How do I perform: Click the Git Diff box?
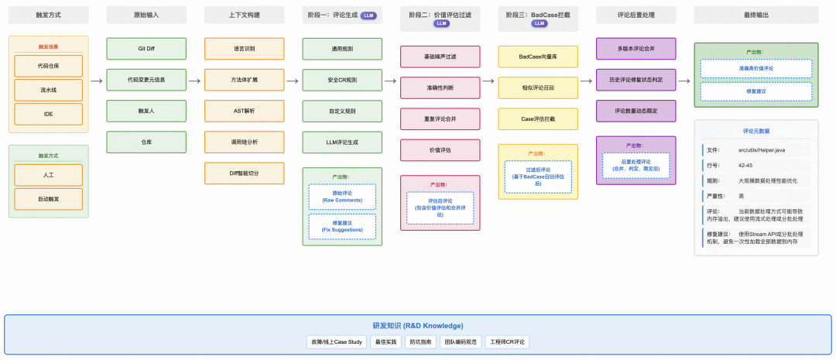tap(146, 48)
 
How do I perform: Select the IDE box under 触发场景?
tap(48, 114)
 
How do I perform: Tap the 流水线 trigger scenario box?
tap(48, 90)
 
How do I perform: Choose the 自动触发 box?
tap(48, 199)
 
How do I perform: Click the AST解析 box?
tap(244, 111)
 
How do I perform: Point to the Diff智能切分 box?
tap(244, 173)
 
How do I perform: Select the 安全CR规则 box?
tap(342, 80)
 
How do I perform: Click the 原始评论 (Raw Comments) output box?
tap(342, 196)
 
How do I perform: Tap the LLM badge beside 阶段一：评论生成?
tap(369, 15)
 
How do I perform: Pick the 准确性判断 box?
tap(440, 87)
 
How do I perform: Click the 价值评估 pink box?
tap(440, 150)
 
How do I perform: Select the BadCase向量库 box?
tap(538, 57)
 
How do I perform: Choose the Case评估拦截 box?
tap(538, 118)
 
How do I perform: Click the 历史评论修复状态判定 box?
tap(636, 80)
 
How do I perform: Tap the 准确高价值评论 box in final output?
tap(755, 68)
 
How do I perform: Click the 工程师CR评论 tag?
tap(507, 341)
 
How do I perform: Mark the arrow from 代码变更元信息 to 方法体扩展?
tap(195, 80)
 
